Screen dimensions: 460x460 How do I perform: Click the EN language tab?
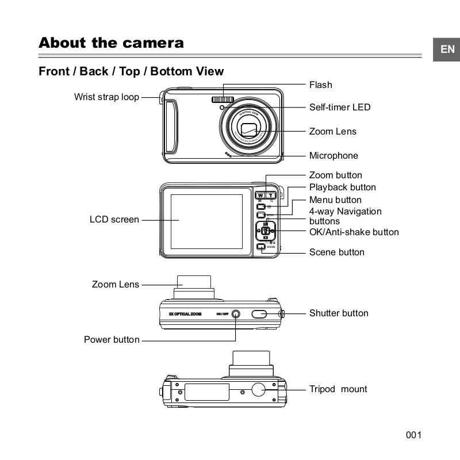click(447, 49)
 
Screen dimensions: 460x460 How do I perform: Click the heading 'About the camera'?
click(111, 43)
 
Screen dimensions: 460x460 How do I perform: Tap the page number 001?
click(414, 435)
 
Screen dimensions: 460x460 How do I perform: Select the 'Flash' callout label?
click(320, 85)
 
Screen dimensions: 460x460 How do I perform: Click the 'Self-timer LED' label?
click(339, 107)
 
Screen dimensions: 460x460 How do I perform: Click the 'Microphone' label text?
click(333, 156)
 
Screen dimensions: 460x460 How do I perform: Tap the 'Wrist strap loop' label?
click(106, 97)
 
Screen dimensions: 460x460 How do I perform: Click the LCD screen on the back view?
click(206, 221)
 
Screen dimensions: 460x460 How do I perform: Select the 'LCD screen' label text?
click(114, 220)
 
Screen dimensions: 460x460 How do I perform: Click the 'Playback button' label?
click(342, 187)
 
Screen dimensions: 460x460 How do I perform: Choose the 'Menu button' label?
click(335, 200)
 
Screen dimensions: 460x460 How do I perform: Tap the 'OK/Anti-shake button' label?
click(354, 232)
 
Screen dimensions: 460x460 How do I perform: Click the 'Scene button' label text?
click(336, 252)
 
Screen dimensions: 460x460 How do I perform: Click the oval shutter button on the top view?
click(259, 313)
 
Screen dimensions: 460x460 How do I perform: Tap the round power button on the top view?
click(235, 314)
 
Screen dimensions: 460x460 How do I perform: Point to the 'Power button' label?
click(112, 340)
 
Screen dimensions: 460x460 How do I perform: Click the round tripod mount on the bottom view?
click(258, 389)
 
